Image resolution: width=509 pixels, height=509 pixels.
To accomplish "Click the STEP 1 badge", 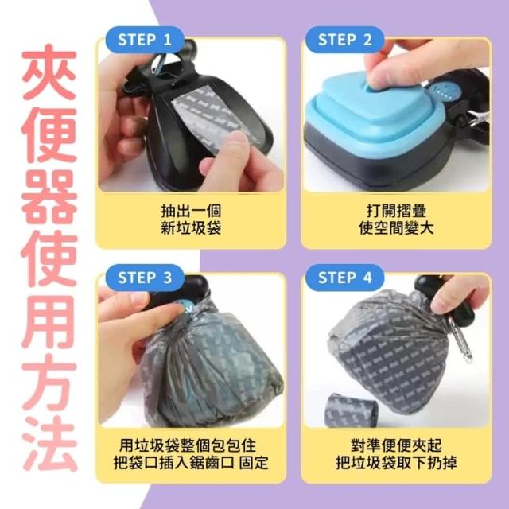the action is [145, 40].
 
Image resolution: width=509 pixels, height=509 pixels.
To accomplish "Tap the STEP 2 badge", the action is [345, 40].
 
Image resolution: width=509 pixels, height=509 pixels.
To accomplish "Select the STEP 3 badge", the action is [145, 278].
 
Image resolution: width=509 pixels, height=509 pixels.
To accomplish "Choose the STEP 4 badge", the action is [345, 278].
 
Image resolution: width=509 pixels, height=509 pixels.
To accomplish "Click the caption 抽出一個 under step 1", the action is [191, 211].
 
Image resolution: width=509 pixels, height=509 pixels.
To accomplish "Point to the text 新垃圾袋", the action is [191, 228].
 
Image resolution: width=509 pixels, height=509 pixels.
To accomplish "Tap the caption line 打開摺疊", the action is [396, 211].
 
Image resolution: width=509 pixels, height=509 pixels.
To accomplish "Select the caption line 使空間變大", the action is [396, 228].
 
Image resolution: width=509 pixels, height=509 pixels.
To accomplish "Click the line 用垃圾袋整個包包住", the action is [188, 445].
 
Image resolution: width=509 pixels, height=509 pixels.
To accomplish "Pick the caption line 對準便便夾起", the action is [396, 445].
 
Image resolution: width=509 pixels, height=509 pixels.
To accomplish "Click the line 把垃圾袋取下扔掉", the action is [396, 463].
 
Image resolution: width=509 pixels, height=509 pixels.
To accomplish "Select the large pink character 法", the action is [49, 443].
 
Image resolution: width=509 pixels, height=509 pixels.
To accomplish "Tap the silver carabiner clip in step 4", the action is [460, 340].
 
